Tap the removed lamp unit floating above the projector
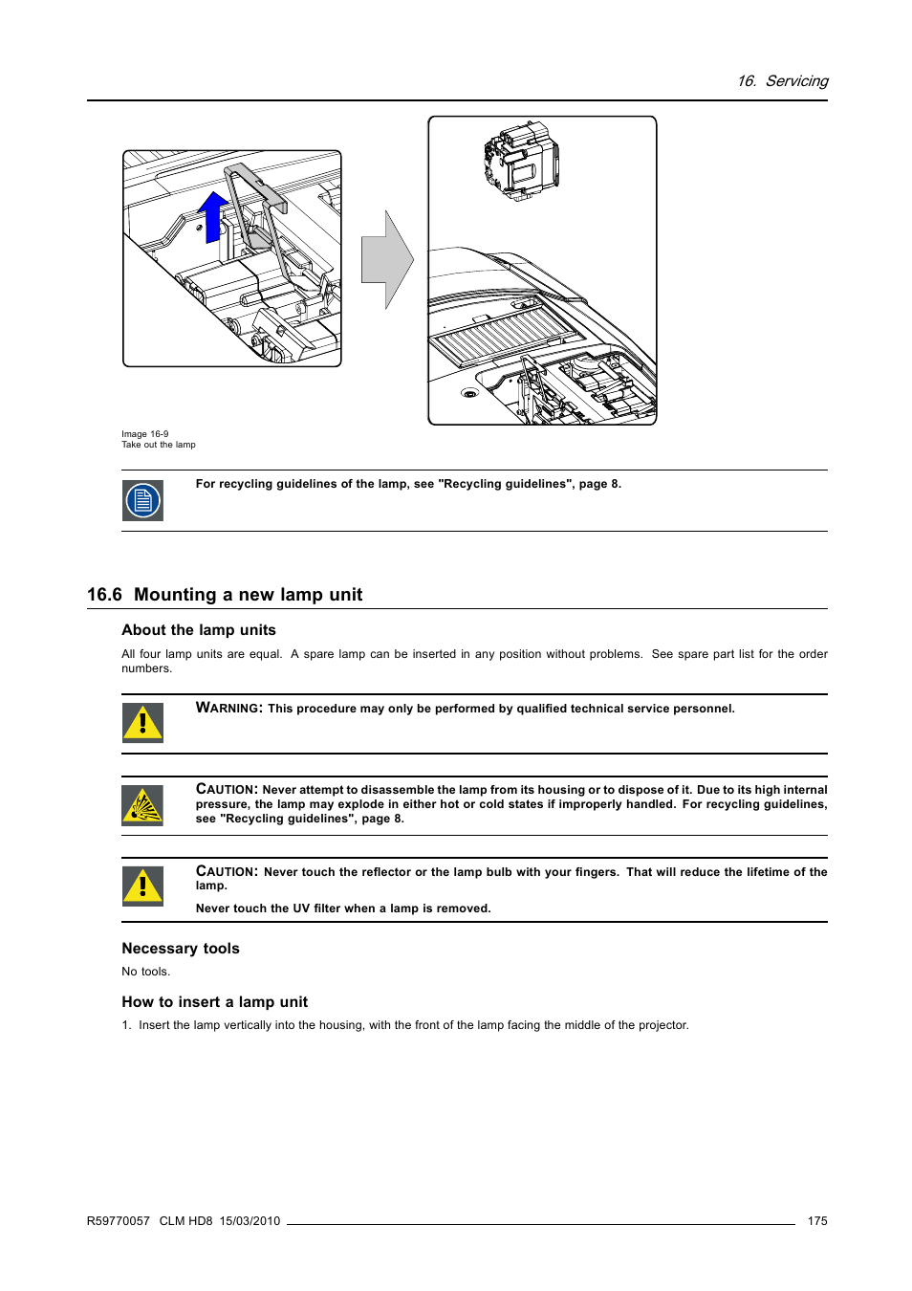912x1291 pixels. (521, 161)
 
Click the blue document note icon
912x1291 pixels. (142, 500)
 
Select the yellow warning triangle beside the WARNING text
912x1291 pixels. (142, 723)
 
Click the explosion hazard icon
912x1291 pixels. (142, 805)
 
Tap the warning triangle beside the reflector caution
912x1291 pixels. (142, 886)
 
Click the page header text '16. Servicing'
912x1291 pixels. (782, 81)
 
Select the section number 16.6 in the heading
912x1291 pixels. (104, 595)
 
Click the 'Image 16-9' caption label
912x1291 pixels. (144, 434)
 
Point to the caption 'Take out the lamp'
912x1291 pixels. (159, 445)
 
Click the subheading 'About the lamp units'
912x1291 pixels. (199, 630)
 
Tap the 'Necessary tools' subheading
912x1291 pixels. (181, 949)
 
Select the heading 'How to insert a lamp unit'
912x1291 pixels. (215, 1002)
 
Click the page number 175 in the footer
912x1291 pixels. (817, 1221)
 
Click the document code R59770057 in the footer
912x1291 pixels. (119, 1221)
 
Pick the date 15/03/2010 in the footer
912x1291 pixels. (250, 1221)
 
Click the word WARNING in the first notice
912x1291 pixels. (228, 709)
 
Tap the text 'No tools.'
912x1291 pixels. (145, 972)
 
